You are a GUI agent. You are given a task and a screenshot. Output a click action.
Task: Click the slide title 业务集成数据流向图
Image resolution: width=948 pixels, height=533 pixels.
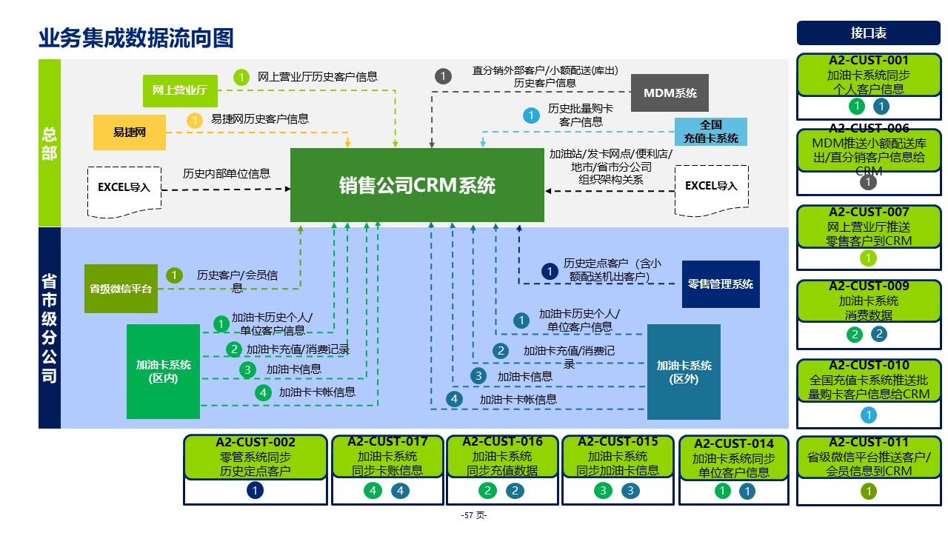136,38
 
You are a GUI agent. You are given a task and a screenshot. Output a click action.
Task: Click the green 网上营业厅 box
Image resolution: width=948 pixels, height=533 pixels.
179,90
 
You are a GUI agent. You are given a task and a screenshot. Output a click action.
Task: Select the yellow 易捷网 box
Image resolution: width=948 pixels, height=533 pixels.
130,133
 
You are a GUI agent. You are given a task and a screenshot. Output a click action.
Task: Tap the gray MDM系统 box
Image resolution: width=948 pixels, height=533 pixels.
670,93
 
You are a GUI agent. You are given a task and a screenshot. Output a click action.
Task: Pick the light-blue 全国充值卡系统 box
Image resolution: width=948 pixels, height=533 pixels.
710,131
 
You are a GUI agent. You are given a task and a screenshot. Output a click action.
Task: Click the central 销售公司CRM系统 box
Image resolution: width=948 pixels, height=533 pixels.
417,185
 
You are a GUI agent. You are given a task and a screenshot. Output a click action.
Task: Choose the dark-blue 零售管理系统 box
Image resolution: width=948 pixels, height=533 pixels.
720,284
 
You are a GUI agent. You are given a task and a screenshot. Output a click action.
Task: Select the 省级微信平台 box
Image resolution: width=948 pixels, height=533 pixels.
121,289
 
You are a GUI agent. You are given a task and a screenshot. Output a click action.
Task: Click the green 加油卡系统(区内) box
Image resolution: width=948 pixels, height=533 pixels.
163,371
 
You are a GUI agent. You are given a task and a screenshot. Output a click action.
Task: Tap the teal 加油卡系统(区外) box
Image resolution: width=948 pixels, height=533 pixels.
684,372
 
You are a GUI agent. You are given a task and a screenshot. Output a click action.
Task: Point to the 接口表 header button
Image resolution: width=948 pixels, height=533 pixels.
868,33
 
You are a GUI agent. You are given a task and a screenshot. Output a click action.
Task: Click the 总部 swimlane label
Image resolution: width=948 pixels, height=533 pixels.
50,143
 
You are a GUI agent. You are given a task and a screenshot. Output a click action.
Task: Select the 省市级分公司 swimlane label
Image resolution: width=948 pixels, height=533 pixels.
50,328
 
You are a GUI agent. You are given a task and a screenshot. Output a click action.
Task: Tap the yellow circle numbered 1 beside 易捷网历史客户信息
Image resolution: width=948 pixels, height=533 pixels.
194,120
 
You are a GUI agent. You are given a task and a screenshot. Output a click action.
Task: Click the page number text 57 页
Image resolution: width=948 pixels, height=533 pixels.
474,515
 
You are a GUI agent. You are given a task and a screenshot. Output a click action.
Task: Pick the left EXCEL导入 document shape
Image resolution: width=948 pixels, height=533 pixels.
124,190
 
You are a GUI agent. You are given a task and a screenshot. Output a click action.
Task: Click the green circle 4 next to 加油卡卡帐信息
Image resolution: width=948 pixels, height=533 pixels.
263,393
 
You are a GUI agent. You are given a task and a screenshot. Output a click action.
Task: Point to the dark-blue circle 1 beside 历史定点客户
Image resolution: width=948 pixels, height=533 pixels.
549,272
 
